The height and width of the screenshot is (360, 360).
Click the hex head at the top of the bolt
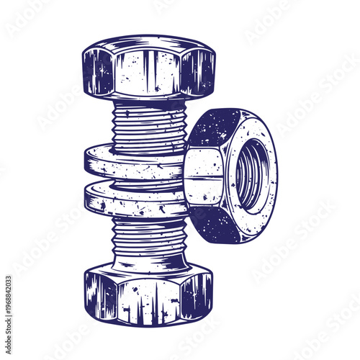149,68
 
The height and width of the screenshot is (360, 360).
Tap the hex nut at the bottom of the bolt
149,294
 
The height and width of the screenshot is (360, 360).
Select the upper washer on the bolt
133,163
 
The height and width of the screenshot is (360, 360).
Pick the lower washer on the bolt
133,199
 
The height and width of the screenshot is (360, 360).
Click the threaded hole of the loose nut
251,175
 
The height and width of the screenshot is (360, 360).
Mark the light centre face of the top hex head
149,76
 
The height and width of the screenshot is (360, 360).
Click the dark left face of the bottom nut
102,295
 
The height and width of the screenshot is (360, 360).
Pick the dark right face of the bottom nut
196,295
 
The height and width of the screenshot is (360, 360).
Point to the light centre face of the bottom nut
149,299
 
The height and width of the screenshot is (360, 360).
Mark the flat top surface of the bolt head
149,43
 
